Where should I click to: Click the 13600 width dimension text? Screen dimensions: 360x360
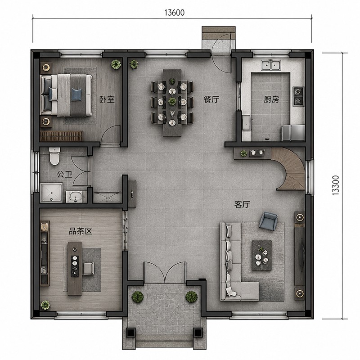[x=175, y=13]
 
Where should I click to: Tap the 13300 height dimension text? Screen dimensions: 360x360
[x=335, y=185]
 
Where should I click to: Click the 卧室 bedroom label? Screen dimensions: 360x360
[x=107, y=99]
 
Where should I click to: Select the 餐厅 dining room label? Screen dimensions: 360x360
[x=211, y=99]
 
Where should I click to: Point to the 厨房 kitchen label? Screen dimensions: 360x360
[x=271, y=99]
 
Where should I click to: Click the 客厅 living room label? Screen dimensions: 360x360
[x=242, y=204]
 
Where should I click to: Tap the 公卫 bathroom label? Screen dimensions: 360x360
[x=64, y=175]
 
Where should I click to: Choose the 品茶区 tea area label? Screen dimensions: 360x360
[x=81, y=231]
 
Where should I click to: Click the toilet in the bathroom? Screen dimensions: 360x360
[x=54, y=156]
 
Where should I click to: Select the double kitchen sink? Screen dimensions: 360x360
[x=271, y=65]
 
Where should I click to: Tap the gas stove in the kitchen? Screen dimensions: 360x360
[x=298, y=96]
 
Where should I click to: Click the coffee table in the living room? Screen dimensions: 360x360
[x=262, y=255]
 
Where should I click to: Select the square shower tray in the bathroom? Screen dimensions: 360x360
[x=51, y=193]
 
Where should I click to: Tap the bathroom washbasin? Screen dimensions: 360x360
[x=76, y=197]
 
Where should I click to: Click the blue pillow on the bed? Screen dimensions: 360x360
[x=76, y=94]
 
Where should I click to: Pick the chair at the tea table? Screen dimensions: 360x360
[x=88, y=268]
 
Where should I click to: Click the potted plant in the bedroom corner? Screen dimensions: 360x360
[x=116, y=64]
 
